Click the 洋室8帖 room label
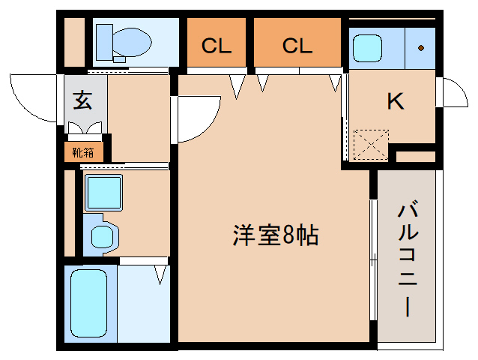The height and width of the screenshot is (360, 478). [x=276, y=235]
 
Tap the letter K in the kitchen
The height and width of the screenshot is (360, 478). [x=396, y=101]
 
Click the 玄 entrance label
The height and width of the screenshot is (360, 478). [x=82, y=100]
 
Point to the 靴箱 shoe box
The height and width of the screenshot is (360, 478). [x=83, y=152]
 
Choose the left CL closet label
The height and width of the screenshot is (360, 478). [x=216, y=46]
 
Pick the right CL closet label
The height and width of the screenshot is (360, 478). [x=297, y=46]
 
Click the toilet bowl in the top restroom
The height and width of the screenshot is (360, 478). [x=132, y=43]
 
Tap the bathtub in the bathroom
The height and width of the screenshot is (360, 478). [x=88, y=303]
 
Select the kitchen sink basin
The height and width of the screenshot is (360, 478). [x=367, y=48]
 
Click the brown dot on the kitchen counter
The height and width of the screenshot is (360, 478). [x=421, y=48]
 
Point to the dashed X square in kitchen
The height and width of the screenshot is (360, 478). [x=371, y=145]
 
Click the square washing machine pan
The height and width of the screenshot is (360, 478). [x=103, y=193]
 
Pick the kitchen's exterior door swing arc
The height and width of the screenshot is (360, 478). [x=461, y=88]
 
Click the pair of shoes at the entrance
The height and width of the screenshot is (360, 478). [x=85, y=127]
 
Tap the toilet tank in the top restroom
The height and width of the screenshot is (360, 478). [x=104, y=42]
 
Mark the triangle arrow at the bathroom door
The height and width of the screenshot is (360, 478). [x=160, y=274]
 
